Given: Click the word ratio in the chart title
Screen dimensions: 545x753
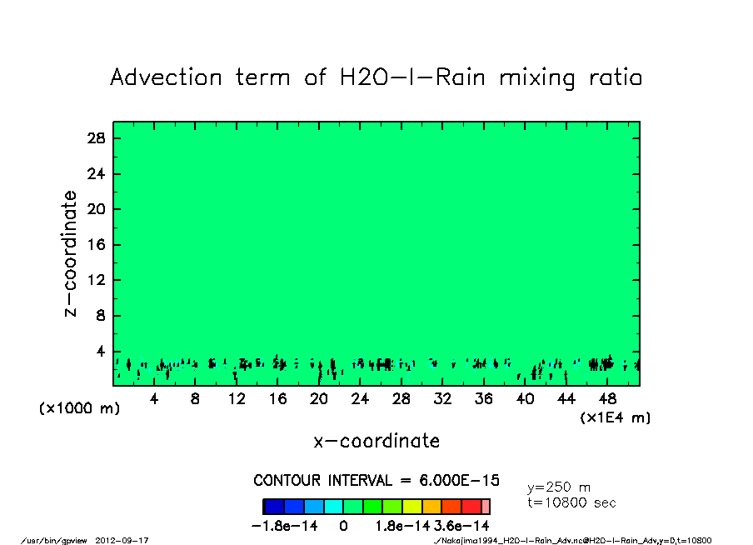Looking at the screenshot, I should tap(612, 77).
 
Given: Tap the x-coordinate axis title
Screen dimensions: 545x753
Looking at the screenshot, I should tap(376, 441).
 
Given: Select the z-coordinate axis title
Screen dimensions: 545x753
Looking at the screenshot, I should tap(72, 253).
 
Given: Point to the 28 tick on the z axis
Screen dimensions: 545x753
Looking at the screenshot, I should tap(97, 138).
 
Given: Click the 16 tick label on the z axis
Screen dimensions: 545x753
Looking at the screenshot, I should tap(97, 245).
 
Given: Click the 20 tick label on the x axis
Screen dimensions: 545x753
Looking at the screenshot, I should tap(319, 399).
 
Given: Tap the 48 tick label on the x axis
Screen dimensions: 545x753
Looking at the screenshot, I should tap(608, 399).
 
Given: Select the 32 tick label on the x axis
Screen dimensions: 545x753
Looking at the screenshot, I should tap(443, 399).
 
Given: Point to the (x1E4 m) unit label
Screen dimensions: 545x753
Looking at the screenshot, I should tap(615, 417).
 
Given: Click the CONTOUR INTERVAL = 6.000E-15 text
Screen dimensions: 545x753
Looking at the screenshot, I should tap(376, 481).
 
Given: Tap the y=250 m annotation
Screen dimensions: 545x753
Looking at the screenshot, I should tap(559, 487).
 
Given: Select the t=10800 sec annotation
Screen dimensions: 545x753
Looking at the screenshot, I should tap(571, 502).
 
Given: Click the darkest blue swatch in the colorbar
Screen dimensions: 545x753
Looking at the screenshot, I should tap(274, 507).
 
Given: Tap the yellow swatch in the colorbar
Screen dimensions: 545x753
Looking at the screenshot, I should tap(411, 507).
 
